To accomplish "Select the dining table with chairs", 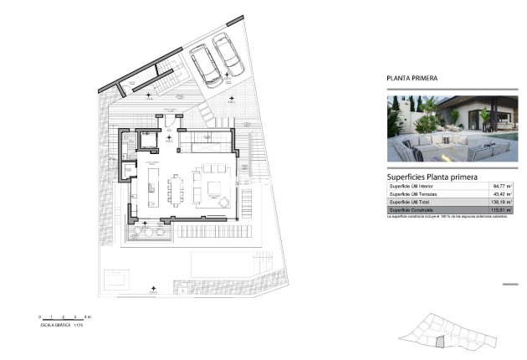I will coord(177,188).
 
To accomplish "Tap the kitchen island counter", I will coord(153,186).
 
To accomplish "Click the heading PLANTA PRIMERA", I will coord(412,79).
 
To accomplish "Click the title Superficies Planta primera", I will coord(432,177).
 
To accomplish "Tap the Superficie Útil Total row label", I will coord(413,203).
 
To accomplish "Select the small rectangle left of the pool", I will coord(116,276).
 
